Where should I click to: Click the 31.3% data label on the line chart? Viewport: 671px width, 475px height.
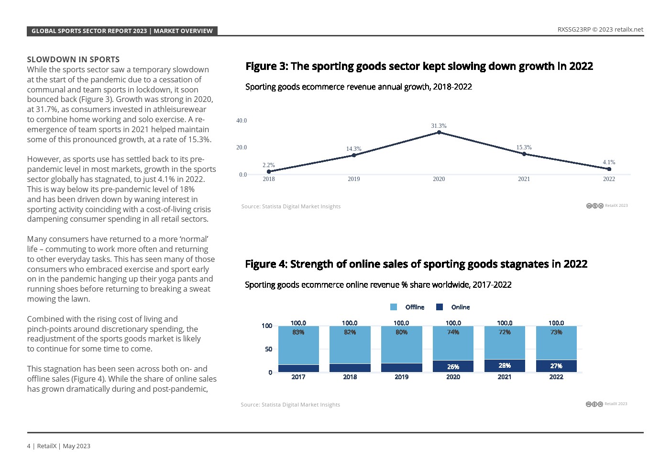439,126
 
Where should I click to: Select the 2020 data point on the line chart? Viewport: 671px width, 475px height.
439,132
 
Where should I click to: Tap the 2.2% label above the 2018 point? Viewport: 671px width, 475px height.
269,165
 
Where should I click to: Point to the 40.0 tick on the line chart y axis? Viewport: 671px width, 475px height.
242,121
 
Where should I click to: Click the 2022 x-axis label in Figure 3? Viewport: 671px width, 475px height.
609,179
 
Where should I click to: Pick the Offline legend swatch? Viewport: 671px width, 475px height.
394,307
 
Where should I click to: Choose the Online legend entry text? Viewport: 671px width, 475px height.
461,307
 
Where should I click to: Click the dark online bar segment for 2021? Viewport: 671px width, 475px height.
505,366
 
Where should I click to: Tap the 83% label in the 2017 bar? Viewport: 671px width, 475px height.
298,332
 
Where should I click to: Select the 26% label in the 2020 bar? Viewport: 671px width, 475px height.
453,367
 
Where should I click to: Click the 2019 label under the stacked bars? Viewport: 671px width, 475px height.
401,377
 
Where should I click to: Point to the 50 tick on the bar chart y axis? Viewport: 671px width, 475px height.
268,349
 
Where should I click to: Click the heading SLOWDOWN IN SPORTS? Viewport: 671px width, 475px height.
73,59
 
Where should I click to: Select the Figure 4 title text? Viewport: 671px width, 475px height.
416,264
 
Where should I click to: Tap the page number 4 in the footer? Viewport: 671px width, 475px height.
29,446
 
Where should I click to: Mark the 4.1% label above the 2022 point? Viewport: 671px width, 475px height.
609,162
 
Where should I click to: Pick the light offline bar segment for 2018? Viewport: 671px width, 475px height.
350,345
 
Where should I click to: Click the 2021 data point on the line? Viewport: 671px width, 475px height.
524,154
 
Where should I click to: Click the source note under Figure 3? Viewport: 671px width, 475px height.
291,206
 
